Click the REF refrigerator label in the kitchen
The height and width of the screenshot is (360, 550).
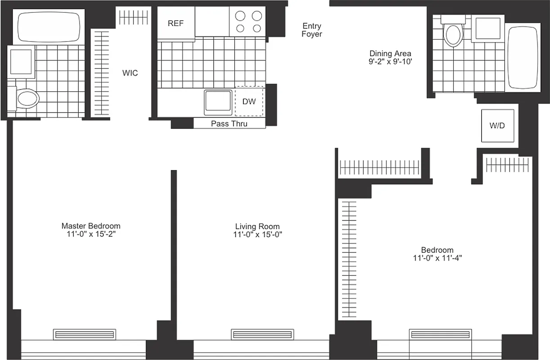[175, 23]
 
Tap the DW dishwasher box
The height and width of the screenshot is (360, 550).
[249, 102]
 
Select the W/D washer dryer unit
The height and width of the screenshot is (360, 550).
[497, 126]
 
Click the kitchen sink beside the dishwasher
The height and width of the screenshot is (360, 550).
[218, 102]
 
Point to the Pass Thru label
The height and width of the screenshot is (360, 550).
[229, 124]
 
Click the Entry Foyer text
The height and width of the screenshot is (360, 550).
[312, 30]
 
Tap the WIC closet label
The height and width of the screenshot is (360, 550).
[130, 73]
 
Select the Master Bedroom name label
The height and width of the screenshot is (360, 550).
[91, 226]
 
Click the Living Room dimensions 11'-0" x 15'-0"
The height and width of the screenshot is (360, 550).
[257, 234]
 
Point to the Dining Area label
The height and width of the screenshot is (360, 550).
[390, 54]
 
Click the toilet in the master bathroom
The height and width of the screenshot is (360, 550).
[26, 98]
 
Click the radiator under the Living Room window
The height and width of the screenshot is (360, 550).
[262, 334]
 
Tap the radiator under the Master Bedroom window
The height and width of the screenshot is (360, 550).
[85, 334]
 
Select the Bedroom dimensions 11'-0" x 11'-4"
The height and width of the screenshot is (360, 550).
[437, 258]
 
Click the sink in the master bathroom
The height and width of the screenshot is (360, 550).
[21, 61]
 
